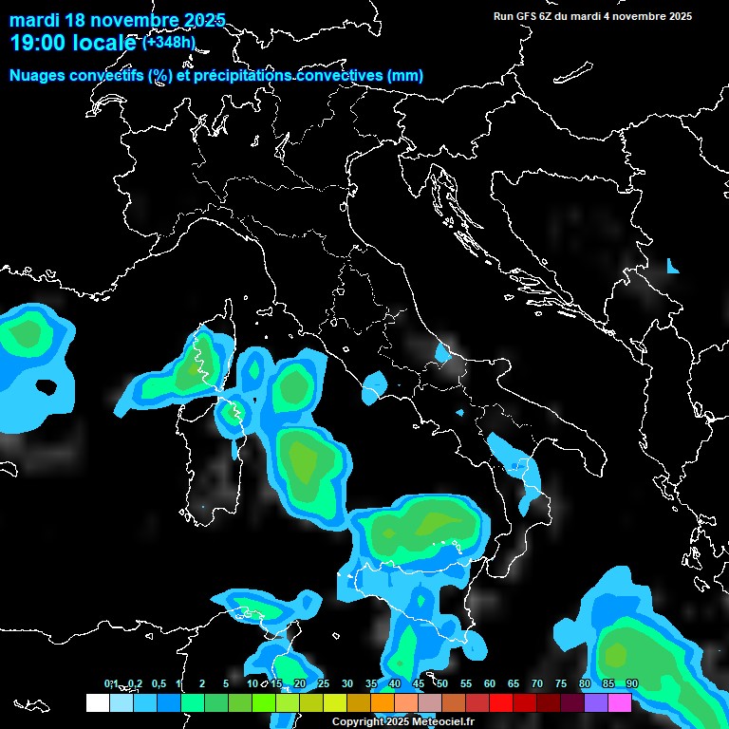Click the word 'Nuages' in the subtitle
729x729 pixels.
pos(37,76)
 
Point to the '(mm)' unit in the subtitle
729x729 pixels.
pos(404,76)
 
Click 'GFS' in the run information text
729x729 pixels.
pos(529,16)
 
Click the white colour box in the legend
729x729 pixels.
pos(97,703)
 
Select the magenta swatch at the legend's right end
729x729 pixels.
pos(620,703)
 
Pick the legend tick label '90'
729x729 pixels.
pos(632,684)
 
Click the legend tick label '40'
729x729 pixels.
pos(395,684)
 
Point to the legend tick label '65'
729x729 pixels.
pos(514,684)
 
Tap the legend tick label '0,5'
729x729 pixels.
pos(158,684)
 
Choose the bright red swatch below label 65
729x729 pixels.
pos(501,703)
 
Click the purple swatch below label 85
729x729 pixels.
pos(596,703)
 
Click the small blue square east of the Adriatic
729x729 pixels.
pos(673,267)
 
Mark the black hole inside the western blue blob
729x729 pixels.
pos(46,387)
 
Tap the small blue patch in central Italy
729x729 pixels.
pos(441,354)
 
